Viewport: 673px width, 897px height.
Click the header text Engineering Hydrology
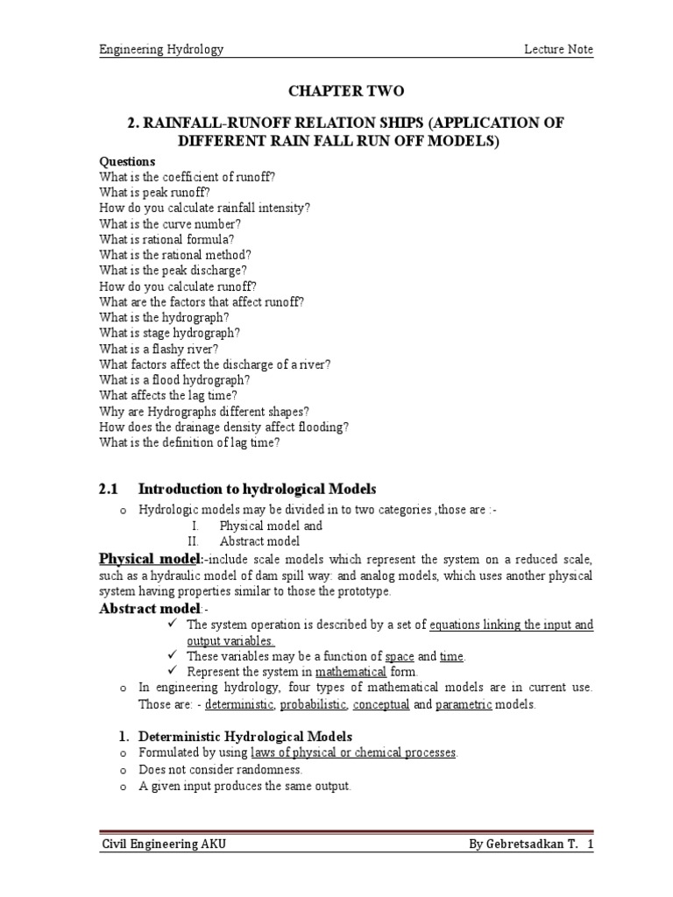160,50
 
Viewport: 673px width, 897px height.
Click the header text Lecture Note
557,50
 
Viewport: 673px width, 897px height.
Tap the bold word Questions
127,161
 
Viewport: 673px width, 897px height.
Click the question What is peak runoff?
155,192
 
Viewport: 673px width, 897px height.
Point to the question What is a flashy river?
159,348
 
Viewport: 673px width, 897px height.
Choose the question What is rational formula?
166,238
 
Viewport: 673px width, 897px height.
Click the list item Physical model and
271,526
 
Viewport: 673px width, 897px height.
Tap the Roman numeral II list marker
195,541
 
